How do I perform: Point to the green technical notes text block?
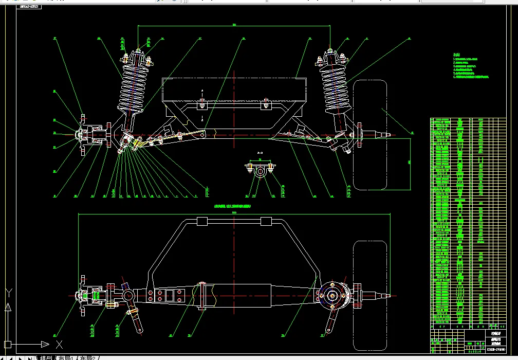tap(470, 67)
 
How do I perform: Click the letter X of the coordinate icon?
tap(60, 345)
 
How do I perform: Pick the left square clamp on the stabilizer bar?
tap(201, 221)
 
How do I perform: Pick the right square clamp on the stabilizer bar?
tap(266, 221)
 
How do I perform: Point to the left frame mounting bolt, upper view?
tap(202, 105)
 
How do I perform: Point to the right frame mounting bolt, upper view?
tap(266, 105)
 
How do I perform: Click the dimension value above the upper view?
tap(234, 24)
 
